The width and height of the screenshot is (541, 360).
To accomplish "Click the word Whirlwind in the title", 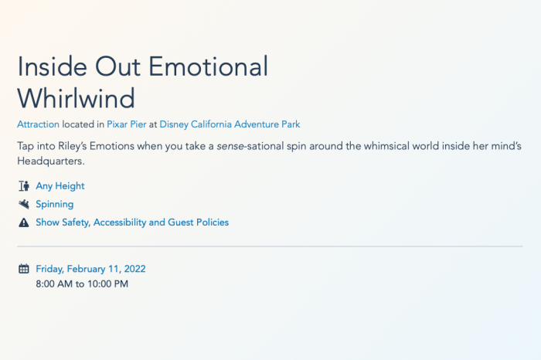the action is click(76, 98).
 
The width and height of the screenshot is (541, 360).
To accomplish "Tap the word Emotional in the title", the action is click(209, 66).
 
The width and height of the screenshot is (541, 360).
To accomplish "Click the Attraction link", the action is click(39, 124).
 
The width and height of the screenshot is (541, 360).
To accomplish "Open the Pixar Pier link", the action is click(127, 124).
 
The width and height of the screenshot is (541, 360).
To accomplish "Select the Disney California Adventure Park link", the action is click(230, 124).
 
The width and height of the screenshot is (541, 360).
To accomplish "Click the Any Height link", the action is click(60, 186).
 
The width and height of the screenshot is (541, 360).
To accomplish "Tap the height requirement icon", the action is click(24, 186).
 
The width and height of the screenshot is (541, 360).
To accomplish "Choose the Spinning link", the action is click(55, 204).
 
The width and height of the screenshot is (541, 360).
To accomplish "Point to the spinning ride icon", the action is click(24, 204).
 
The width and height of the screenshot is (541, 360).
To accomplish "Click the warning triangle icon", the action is click(24, 222).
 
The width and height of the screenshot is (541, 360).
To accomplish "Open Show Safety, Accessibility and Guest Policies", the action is click(132, 222).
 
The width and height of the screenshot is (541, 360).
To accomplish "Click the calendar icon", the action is click(24, 269).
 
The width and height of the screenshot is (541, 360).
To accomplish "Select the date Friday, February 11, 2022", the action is click(90, 269).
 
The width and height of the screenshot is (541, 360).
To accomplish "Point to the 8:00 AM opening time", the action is click(54, 284).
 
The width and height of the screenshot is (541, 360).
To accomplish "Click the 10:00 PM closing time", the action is click(107, 284).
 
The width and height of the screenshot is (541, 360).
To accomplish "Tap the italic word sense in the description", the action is click(230, 147).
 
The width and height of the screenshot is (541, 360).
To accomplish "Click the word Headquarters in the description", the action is click(51, 161).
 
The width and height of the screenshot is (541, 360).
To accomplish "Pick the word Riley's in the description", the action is click(73, 146).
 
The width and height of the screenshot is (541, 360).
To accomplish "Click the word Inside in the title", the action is click(53, 66).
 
